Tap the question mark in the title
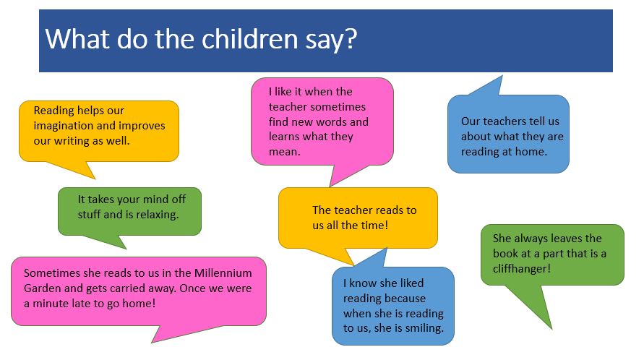click(351, 39)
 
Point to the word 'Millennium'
click(223, 273)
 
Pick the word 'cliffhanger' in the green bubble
click(522, 268)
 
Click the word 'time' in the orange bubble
click(374, 226)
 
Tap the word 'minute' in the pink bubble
click(51, 304)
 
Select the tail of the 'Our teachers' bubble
click(488, 86)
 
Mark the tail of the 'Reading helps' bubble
click(74, 169)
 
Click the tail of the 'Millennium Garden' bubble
click(181, 332)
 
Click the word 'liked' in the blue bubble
click(411, 283)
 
